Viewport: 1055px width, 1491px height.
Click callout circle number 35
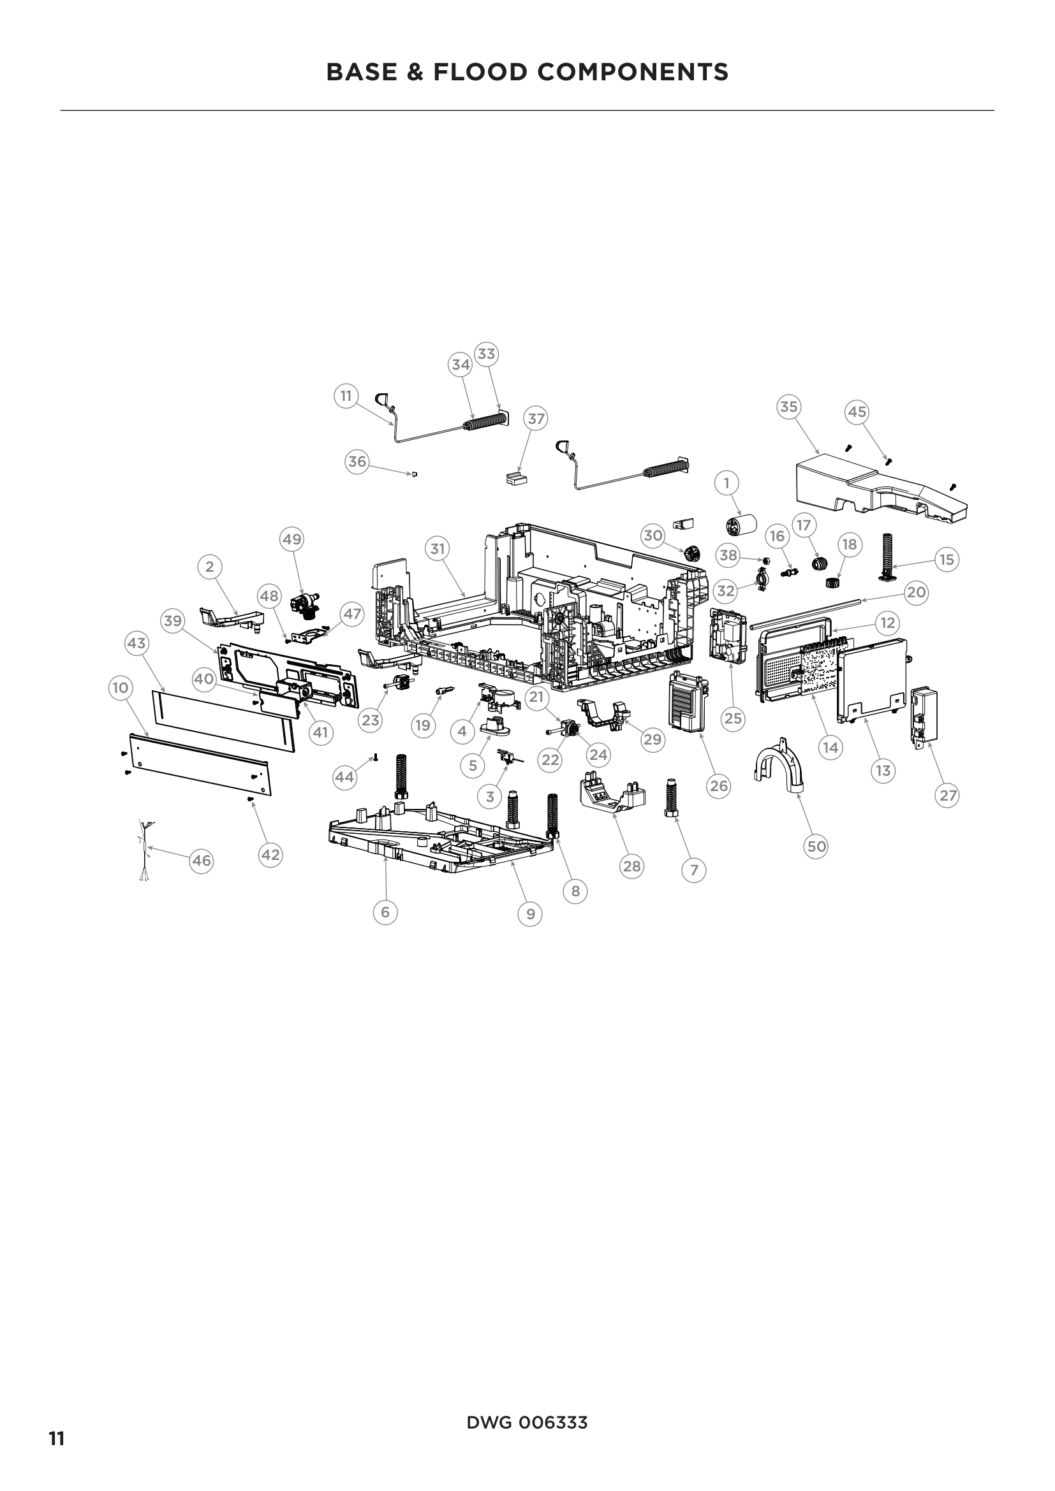tap(788, 407)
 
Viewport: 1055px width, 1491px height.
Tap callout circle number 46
tap(202, 861)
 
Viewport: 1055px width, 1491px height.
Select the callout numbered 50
tap(816, 846)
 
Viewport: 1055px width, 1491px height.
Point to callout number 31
tap(438, 549)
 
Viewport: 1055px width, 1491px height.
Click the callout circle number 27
tap(948, 795)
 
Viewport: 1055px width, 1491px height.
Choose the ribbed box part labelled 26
tap(687, 704)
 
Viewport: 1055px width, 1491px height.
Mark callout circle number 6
tap(385, 912)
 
